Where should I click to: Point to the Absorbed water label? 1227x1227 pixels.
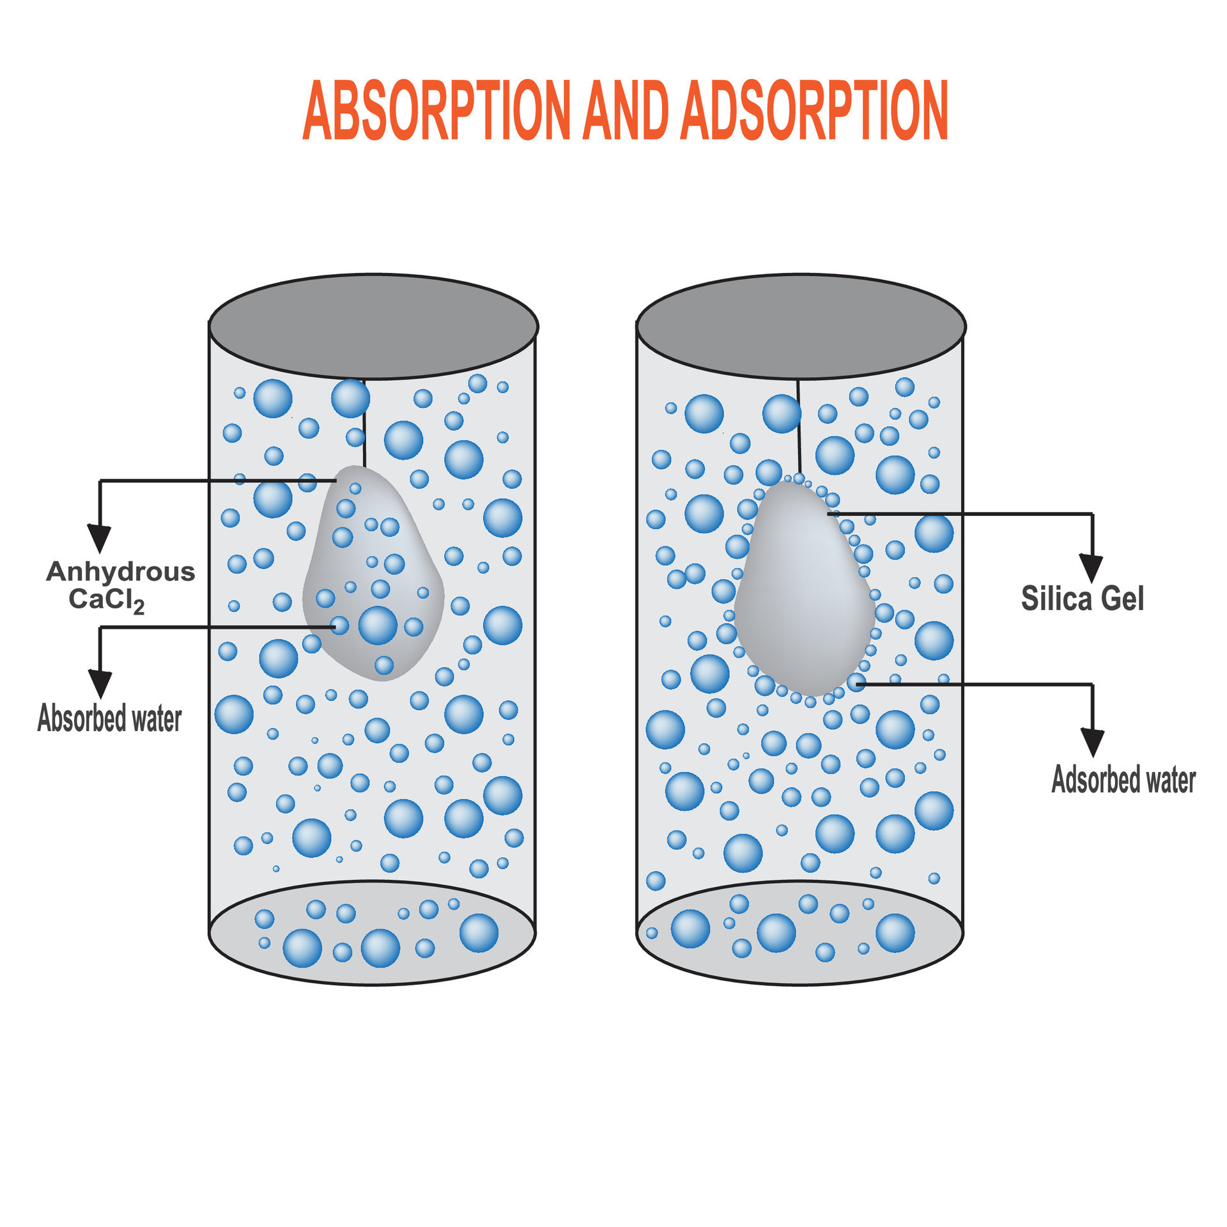(x=109, y=718)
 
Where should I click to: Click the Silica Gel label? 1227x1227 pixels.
(x=1082, y=599)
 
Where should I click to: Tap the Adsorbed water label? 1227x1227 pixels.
(x=1123, y=780)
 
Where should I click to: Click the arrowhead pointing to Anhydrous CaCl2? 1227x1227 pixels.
(x=99, y=537)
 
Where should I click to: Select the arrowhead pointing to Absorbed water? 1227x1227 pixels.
(x=100, y=683)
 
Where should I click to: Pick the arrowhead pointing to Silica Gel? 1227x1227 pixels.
(x=1092, y=567)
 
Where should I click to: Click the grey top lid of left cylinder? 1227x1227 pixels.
(x=373, y=327)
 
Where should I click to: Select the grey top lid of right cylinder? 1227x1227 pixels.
(x=801, y=327)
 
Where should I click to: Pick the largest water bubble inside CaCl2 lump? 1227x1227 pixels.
(x=378, y=625)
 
